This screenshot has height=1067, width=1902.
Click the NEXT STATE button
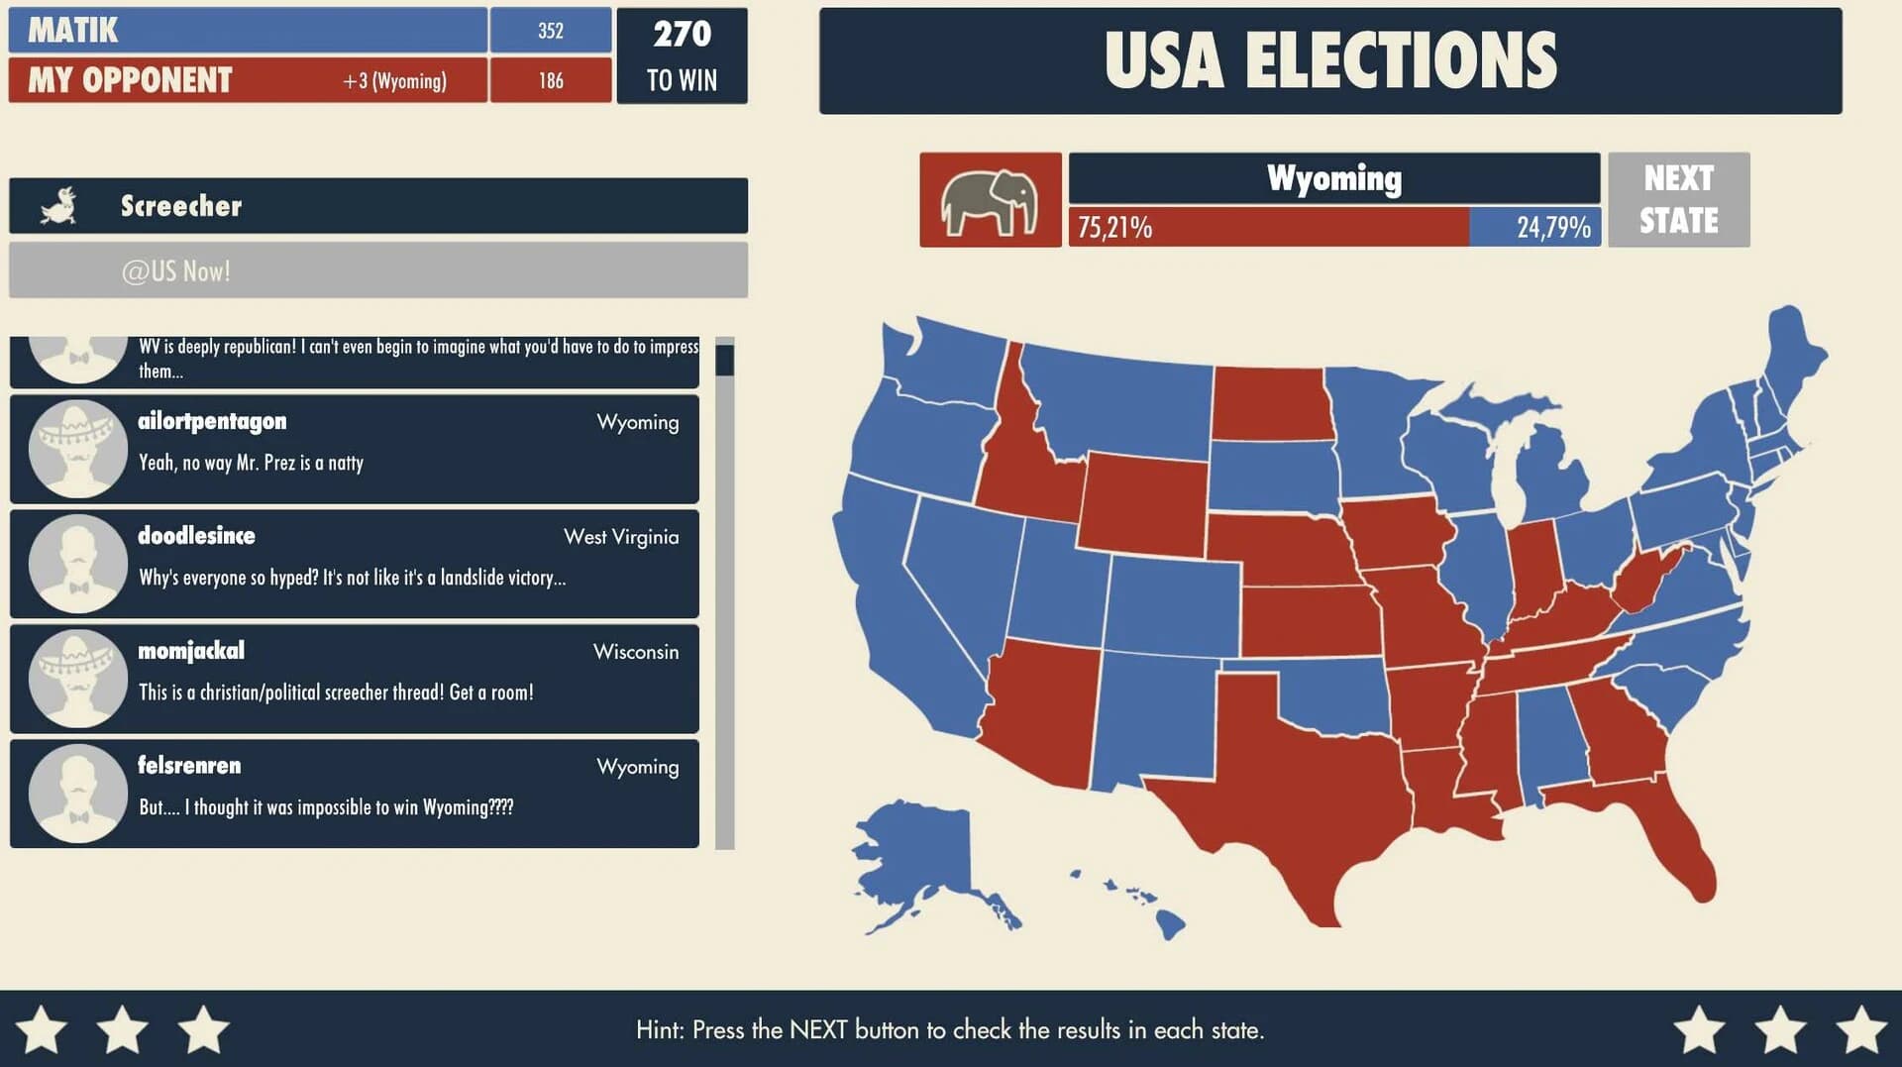[x=1678, y=199]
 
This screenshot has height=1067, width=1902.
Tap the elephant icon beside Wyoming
[x=990, y=200]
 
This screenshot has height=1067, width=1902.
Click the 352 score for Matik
[x=551, y=31]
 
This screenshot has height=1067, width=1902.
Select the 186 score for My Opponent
[x=551, y=80]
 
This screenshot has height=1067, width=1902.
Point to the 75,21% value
[x=1114, y=228]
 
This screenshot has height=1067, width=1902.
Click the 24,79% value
[x=1552, y=228]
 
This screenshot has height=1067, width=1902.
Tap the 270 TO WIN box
[x=682, y=55]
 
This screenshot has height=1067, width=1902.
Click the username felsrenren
[x=189, y=765]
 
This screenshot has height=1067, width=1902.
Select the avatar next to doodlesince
[x=77, y=563]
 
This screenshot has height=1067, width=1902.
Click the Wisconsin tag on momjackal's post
[x=635, y=652]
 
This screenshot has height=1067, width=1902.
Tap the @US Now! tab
[x=176, y=270]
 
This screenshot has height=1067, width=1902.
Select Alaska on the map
[x=916, y=852]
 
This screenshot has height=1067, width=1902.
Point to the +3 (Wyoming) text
[x=394, y=80]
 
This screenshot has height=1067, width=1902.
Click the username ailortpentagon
[x=212, y=421]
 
